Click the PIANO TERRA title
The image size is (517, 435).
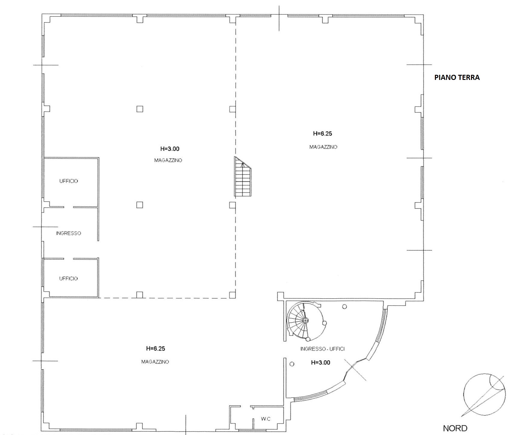[457, 78]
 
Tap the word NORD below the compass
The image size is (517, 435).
[455, 428]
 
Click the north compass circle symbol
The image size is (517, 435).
[484, 395]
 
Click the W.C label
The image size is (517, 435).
[266, 419]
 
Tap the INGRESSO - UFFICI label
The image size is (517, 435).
[323, 349]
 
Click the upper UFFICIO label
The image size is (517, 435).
[69, 181]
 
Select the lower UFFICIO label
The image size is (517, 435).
[69, 278]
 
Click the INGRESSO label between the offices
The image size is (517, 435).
[69, 233]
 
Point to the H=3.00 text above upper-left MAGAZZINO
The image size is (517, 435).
[170, 149]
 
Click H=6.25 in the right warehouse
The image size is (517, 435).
[323, 133]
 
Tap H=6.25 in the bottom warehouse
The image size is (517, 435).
[155, 348]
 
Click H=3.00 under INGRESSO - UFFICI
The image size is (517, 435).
[320, 363]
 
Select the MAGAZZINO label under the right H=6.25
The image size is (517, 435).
[323, 147]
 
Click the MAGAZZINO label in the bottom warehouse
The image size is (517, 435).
[155, 362]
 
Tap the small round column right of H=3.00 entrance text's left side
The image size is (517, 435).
[292, 364]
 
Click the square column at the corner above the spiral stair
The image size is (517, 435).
[280, 296]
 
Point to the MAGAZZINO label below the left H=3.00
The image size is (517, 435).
[168, 160]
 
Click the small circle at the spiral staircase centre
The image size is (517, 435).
[305, 321]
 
